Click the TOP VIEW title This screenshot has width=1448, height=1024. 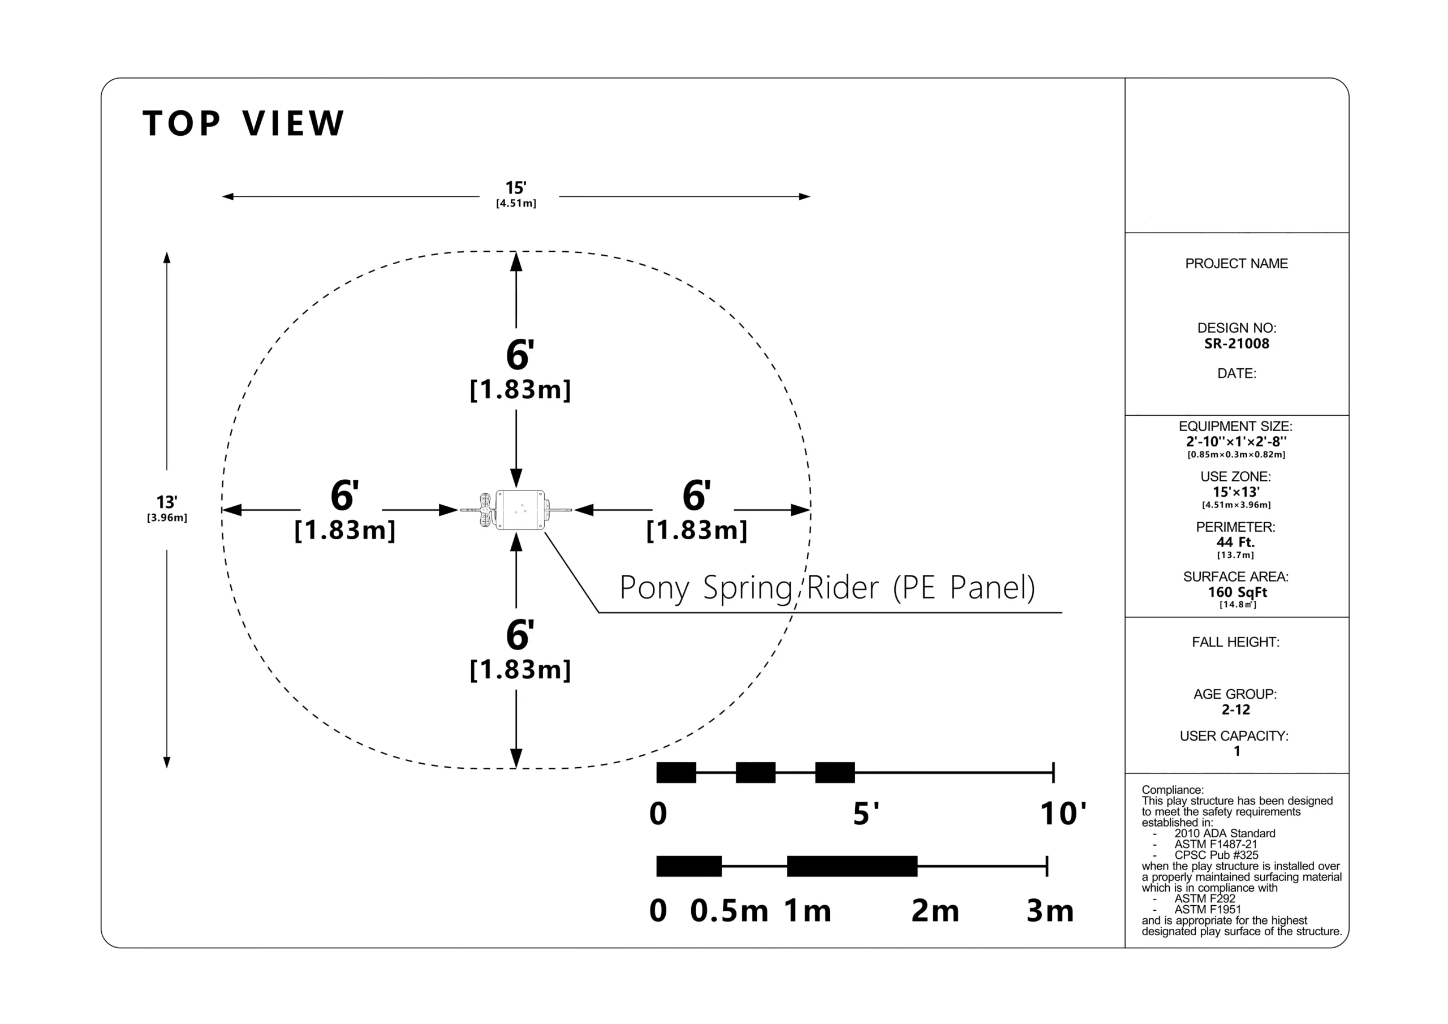tap(243, 123)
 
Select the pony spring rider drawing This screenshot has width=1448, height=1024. tap(516, 510)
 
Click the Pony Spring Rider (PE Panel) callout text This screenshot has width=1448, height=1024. tap(828, 588)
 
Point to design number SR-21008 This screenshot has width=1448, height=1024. tap(1236, 344)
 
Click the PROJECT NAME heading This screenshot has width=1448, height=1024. tap(1236, 264)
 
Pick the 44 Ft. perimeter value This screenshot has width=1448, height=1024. tap(1235, 543)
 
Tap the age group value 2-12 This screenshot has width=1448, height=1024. tap(1235, 710)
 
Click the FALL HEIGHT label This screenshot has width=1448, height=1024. tap(1235, 642)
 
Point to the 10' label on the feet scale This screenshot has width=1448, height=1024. tap(1063, 814)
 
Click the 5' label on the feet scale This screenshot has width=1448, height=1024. tap(866, 814)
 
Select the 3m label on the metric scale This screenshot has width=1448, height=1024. tap(1050, 911)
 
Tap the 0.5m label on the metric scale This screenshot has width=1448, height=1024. tap(729, 911)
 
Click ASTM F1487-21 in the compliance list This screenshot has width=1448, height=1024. tap(1216, 844)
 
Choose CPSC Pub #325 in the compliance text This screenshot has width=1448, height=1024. tap(1216, 855)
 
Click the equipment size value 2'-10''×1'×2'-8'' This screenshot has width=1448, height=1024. tap(1236, 442)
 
